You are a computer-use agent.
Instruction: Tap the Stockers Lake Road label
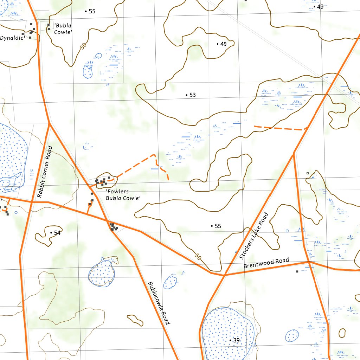pyautogui.click(x=253, y=235)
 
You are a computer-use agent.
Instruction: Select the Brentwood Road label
pyautogui.click(x=266, y=263)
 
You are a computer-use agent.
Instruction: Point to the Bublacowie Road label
pyautogui.click(x=159, y=303)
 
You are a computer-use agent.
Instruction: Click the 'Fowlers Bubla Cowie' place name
pyautogui.click(x=123, y=195)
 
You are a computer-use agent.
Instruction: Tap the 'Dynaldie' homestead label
pyautogui.click(x=12, y=38)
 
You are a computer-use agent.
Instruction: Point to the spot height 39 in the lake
pyautogui.click(x=236, y=341)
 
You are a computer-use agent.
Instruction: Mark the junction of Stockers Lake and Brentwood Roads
pyautogui.click(x=224, y=275)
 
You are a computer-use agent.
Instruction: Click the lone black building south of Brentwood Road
pyautogui.click(x=297, y=271)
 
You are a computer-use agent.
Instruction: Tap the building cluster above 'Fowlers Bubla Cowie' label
pyautogui.click(x=102, y=181)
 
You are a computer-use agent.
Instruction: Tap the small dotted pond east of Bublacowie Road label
pyautogui.click(x=171, y=282)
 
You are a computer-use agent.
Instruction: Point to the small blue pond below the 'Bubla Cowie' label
pyautogui.click(x=88, y=71)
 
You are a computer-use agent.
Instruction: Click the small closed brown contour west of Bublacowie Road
pyautogui.click(x=135, y=320)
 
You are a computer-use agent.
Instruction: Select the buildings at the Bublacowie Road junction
pyautogui.click(x=113, y=227)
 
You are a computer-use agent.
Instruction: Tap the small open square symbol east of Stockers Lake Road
pyautogui.click(x=307, y=173)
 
